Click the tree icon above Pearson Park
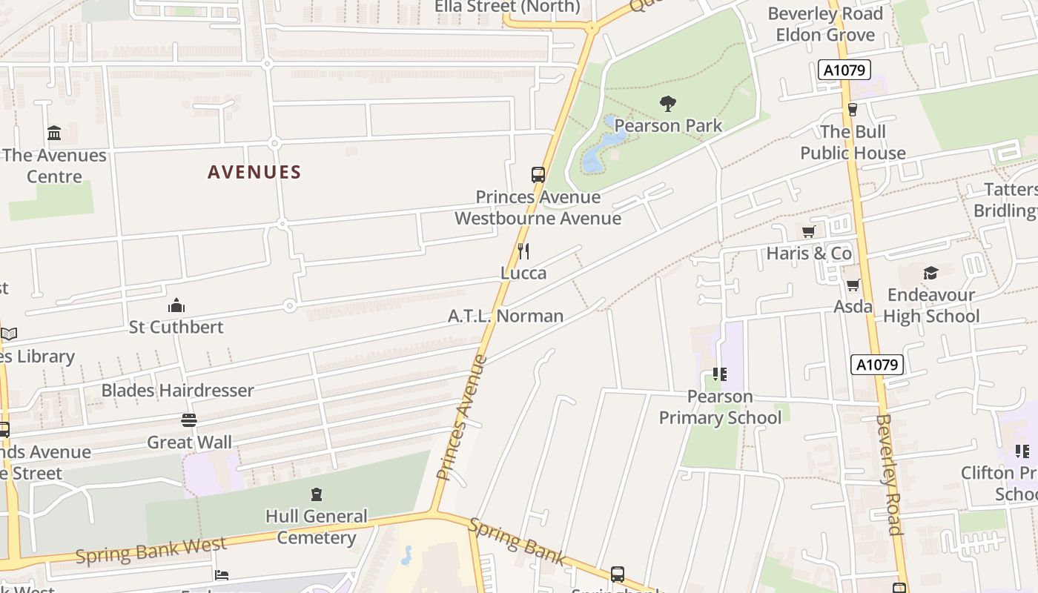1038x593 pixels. coord(668,103)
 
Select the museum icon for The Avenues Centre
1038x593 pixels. coord(54,133)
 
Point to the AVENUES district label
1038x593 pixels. coord(254,173)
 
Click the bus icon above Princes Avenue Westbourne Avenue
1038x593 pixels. coord(538,175)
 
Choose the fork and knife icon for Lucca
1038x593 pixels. coord(523,251)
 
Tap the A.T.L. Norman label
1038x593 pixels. coord(506,317)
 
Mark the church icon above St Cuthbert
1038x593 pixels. coord(176,305)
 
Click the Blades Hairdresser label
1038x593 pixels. coord(177,391)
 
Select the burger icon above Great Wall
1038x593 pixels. coord(189,420)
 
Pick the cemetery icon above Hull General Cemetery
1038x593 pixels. coord(317,494)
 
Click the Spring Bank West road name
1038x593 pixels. coord(151,551)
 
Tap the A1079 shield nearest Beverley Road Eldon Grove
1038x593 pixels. coord(843,70)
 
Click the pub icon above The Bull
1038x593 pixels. coord(853,110)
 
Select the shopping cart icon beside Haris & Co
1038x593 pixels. coord(809,231)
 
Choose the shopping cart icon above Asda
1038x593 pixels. coord(853,285)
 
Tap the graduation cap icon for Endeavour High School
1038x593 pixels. coord(930,273)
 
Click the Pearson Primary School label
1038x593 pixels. coord(720,408)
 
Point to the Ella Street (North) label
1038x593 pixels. coord(507,7)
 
